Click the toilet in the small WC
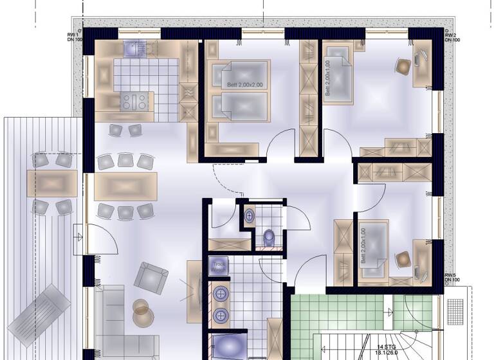[x=270, y=237]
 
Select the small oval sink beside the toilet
[x=249, y=217]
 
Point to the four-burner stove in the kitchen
[x=132, y=101]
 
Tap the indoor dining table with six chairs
[x=125, y=186]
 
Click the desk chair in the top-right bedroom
[x=403, y=67]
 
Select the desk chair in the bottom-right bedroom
[x=403, y=258]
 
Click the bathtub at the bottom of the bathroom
[x=228, y=346]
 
